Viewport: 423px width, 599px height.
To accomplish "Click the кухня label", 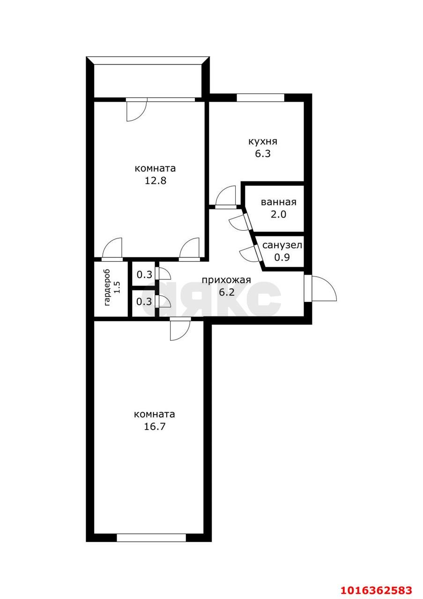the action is (x=263, y=141).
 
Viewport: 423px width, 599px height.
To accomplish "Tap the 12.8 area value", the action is (x=155, y=181).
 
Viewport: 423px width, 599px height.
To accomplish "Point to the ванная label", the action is (x=278, y=202).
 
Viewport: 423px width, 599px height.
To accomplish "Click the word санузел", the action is (x=282, y=245).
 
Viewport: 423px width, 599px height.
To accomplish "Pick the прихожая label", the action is (x=226, y=280).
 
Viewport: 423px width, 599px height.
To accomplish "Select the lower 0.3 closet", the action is (x=144, y=302).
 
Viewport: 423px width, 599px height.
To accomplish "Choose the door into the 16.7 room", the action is (x=180, y=329).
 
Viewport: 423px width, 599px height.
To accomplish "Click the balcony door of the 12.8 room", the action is (x=136, y=110).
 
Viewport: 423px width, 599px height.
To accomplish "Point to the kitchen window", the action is (x=260, y=98).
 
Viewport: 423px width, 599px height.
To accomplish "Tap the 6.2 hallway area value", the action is (x=227, y=292).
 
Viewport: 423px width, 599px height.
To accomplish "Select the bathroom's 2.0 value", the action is (x=278, y=214).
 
